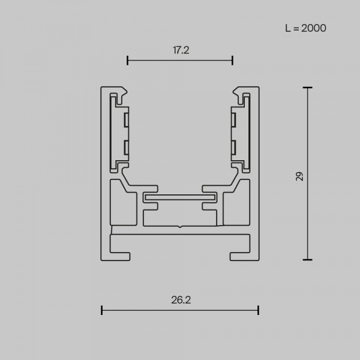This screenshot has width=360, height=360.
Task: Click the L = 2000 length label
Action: [305, 28]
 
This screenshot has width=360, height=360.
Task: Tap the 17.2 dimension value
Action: [181, 50]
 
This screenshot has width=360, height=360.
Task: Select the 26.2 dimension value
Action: [181, 300]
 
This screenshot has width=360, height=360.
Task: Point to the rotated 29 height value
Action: [299, 176]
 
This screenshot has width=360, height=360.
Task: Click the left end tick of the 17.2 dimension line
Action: [127, 61]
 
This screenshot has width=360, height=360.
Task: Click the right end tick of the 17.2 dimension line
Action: [233, 61]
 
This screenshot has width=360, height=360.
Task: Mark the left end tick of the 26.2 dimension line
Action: [102, 310]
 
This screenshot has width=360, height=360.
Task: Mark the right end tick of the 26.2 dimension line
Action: [258, 310]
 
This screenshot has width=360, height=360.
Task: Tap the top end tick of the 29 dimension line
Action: [307, 88]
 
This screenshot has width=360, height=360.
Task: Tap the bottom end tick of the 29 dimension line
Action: [307, 260]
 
